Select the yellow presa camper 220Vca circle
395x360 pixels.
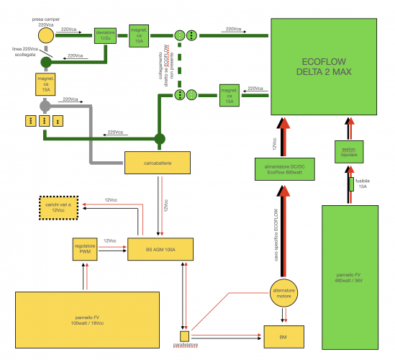coord(45,35)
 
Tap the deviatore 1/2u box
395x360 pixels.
coord(106,35)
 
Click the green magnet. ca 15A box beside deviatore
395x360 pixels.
coord(139,34)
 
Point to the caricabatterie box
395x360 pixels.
coord(158,163)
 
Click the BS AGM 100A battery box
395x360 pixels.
coord(160,249)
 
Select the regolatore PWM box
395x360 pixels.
coord(85,249)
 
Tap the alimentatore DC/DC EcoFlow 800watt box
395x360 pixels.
coord(284,170)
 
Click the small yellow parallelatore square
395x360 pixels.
coord(185,336)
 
